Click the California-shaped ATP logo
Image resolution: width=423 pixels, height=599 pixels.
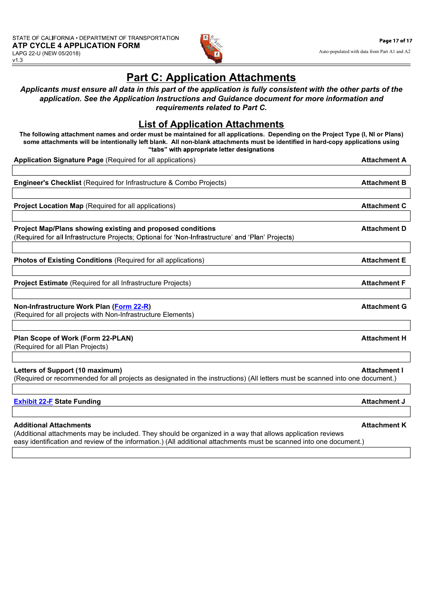click(211, 48)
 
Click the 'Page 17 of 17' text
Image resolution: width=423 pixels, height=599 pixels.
click(395, 41)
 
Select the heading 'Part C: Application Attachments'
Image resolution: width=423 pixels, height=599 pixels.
click(211, 78)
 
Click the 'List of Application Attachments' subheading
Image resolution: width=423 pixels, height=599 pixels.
click(211, 124)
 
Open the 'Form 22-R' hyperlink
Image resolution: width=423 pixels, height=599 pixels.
click(131, 307)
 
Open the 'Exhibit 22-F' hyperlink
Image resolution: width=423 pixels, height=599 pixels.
click(33, 402)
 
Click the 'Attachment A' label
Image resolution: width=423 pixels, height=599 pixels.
click(383, 160)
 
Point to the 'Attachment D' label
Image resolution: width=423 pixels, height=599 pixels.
click(383, 229)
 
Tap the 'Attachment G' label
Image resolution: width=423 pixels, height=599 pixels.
click(383, 307)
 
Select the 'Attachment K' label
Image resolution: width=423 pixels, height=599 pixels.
click(383, 425)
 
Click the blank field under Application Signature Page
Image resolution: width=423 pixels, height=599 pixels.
click(211, 170)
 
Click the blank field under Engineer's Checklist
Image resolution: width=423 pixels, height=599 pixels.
click(211, 193)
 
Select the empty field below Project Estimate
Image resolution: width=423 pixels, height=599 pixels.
click(211, 293)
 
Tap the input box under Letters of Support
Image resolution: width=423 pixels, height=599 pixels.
click(211, 389)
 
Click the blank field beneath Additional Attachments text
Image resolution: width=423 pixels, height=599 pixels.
click(211, 453)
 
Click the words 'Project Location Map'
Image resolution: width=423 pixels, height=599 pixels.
click(49, 206)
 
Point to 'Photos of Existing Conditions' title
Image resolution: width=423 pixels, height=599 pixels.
click(63, 260)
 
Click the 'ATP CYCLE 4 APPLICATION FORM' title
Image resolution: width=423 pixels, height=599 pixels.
click(76, 45)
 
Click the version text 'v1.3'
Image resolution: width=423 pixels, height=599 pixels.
click(17, 60)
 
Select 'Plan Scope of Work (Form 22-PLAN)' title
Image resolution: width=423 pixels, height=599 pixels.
click(73, 338)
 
